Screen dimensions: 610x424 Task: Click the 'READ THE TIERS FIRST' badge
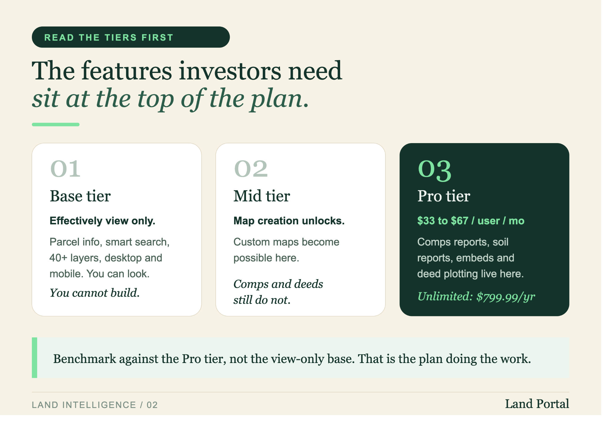[x=131, y=37]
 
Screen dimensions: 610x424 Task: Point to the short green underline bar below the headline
[x=56, y=124]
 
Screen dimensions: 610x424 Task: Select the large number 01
[x=66, y=169]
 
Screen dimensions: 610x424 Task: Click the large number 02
[x=251, y=169]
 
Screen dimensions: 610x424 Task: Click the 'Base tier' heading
[x=80, y=196]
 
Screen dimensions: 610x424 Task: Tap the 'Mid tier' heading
[x=262, y=196]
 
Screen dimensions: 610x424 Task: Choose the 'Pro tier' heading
[x=444, y=196]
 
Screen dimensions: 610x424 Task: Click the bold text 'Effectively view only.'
[x=102, y=221]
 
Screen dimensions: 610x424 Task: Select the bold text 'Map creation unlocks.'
[x=289, y=221]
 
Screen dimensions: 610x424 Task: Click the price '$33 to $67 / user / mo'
[x=471, y=221]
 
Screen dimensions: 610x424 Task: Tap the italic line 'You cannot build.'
[x=94, y=293]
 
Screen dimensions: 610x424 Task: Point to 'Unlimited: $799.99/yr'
[x=476, y=297]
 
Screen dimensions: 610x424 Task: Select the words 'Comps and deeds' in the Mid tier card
[x=278, y=284]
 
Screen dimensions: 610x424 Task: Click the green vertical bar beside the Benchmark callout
[x=35, y=358]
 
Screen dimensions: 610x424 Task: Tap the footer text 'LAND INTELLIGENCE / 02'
[x=95, y=405]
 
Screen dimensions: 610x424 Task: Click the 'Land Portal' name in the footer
[x=537, y=404]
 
